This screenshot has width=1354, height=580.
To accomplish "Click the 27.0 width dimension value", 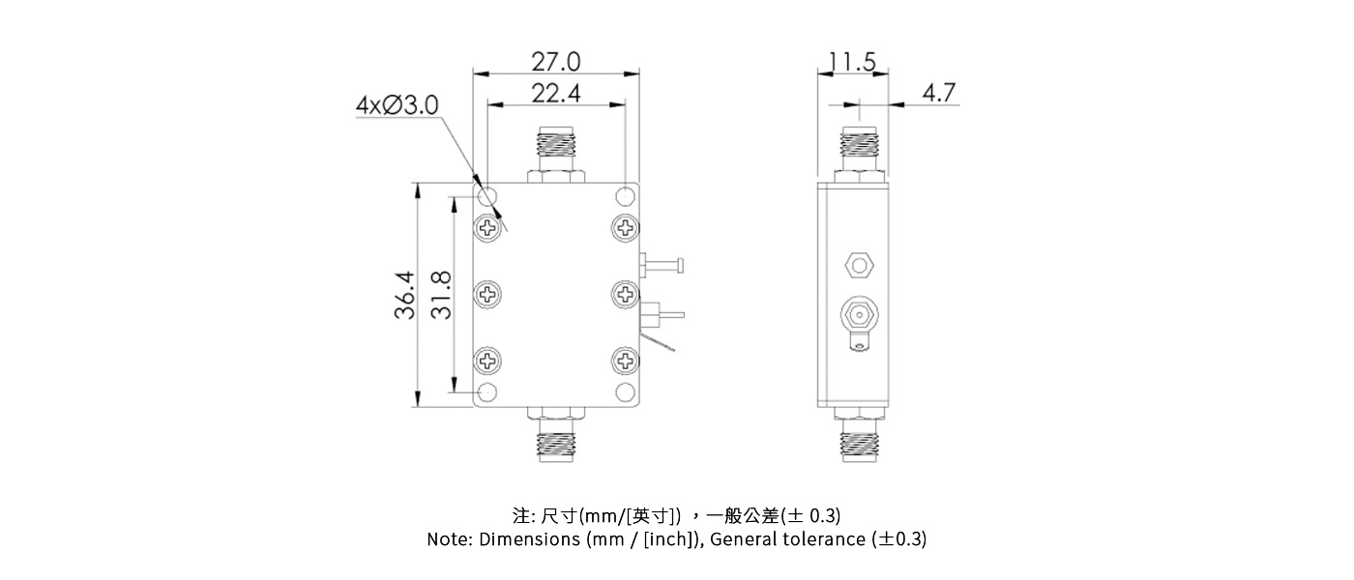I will tap(556, 62).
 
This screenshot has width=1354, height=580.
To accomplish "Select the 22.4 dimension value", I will tap(556, 93).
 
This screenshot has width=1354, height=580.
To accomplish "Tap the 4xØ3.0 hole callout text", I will tap(397, 104).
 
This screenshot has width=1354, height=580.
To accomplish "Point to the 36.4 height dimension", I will tap(403, 295).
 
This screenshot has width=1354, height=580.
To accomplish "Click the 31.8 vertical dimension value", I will tap(440, 295).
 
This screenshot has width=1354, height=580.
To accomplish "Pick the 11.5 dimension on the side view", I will tap(852, 63).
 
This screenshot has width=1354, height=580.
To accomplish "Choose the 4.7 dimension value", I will tap(938, 93).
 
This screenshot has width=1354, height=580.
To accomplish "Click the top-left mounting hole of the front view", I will tap(488, 197).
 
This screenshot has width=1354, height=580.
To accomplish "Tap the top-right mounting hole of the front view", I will tap(627, 196).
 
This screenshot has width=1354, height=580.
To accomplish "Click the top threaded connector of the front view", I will tap(556, 150).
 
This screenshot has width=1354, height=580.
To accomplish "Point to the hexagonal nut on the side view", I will tap(856, 264).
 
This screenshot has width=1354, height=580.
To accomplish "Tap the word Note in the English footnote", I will tap(450, 539).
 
